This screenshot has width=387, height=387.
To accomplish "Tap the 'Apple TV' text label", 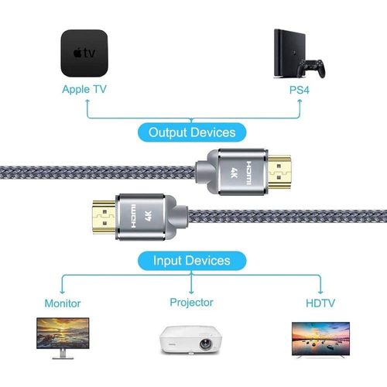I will (x=84, y=89).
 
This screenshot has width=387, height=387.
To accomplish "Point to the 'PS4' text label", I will (x=298, y=89).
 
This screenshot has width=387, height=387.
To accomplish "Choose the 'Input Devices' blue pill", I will (x=191, y=260).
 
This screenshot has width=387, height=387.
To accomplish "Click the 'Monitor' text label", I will (x=63, y=303).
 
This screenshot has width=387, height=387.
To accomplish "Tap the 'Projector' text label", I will (x=191, y=302).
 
